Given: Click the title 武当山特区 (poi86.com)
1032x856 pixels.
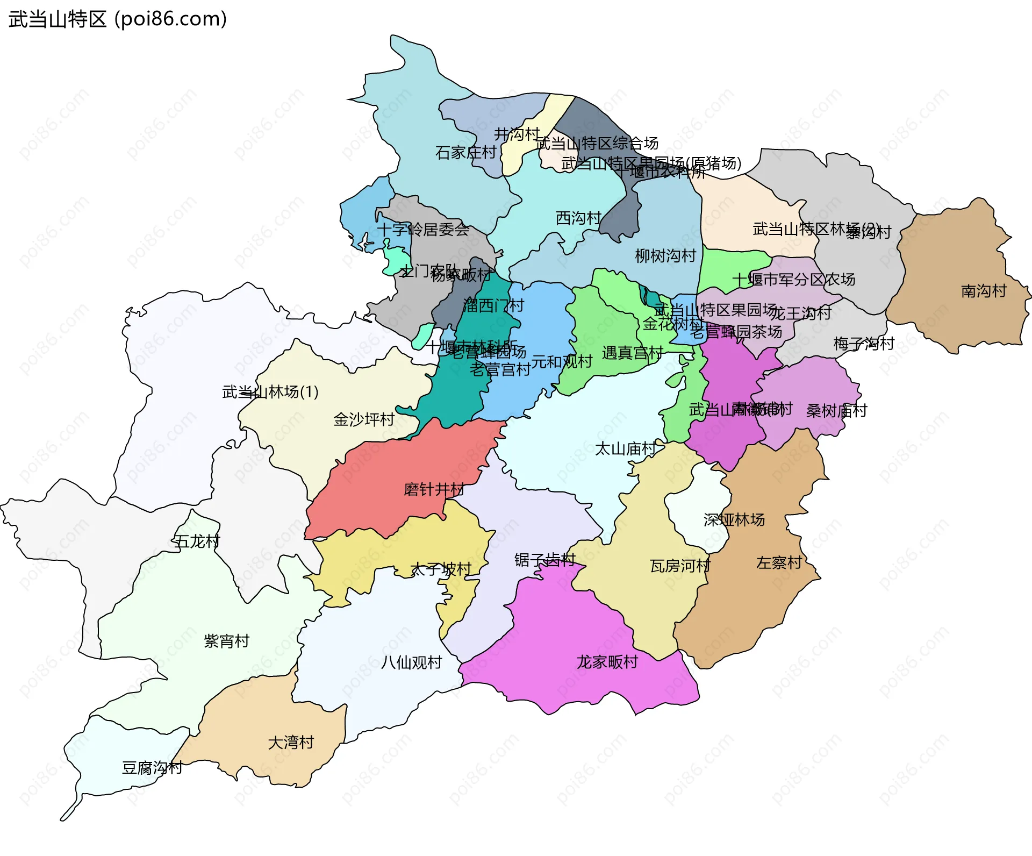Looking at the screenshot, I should [x=118, y=19].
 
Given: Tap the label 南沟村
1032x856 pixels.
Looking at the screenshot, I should [x=984, y=291].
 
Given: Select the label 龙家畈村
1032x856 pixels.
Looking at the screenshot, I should [x=607, y=662].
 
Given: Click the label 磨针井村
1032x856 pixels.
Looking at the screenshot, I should [x=434, y=490].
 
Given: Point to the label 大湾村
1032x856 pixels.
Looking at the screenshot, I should [x=291, y=743].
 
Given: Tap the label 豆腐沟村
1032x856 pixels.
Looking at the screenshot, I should [x=152, y=768].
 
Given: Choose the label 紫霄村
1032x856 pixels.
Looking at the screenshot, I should [x=226, y=641].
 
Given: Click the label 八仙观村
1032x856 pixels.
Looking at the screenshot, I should [x=411, y=662].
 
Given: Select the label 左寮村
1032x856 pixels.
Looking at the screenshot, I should [x=779, y=563].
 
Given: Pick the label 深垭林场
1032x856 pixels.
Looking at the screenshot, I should [x=734, y=520].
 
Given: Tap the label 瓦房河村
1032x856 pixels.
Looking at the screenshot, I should [x=680, y=566].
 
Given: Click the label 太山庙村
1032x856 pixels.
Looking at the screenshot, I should [x=625, y=448].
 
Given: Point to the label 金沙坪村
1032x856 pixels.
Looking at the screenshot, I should [x=364, y=419].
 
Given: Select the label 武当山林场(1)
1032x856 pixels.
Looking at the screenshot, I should [x=270, y=392].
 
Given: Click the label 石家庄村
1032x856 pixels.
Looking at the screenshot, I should [x=465, y=153].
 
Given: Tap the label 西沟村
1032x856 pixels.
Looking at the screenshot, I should [x=578, y=218].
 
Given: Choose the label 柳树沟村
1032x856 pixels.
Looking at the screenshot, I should [x=665, y=256].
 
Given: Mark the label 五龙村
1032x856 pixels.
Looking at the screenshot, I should [x=197, y=541].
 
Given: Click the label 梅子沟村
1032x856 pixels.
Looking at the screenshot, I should [x=863, y=344].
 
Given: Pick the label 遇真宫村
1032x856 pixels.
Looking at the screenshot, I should [x=633, y=353].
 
